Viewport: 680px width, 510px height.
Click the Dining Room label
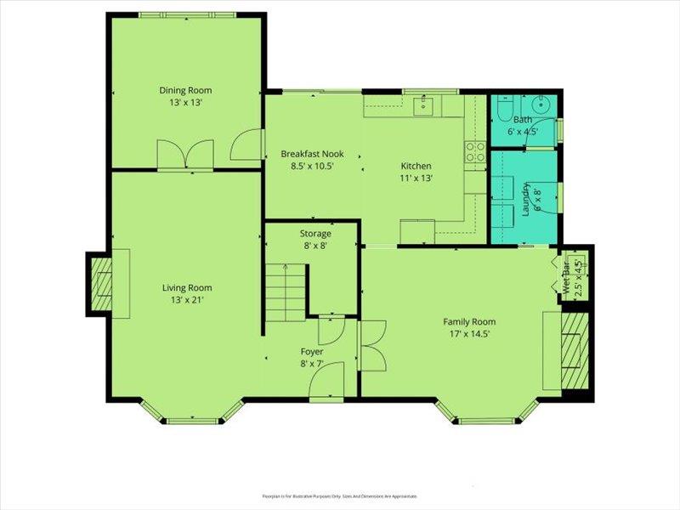click(185, 90)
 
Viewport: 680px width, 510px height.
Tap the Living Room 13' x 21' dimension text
click(187, 299)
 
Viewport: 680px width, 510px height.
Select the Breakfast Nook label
click(307, 154)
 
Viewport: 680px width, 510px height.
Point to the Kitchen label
click(416, 166)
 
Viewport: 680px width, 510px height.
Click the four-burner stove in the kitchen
click(474, 150)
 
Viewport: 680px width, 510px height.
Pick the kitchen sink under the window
click(422, 106)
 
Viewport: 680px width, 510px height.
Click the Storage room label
click(314, 234)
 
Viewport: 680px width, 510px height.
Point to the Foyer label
click(312, 351)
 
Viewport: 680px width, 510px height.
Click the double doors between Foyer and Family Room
click(372, 346)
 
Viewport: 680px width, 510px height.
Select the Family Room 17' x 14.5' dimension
click(468, 334)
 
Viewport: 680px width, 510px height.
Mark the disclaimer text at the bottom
click(339, 496)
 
